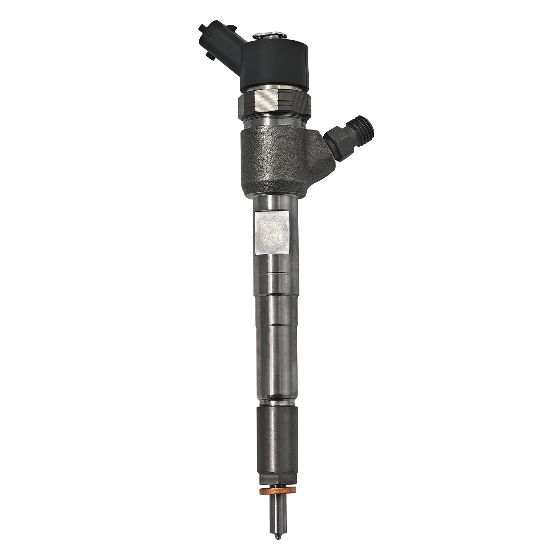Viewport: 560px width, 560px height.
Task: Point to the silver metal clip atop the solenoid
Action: point(267,36)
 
